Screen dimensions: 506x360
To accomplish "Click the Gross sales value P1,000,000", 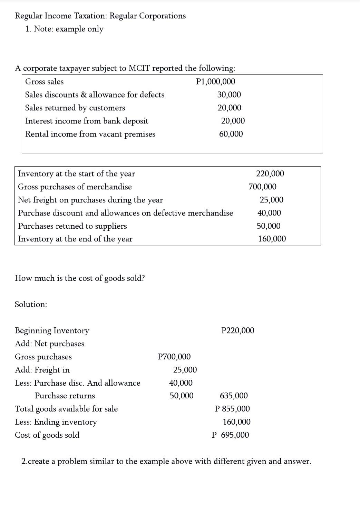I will [215, 82].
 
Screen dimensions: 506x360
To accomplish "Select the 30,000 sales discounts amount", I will [229, 95].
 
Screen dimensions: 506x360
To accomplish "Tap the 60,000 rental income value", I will [231, 134].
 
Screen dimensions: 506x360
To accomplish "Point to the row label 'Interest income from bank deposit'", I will [87, 121].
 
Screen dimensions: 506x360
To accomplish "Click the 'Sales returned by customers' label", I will [75, 108].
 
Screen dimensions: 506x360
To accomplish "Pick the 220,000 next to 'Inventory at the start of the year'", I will [270, 173].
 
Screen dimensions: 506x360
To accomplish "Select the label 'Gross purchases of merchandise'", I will [75, 187].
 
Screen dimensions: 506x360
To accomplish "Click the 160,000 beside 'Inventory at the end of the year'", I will [272, 239].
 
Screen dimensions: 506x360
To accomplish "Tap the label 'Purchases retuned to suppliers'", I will [72, 226].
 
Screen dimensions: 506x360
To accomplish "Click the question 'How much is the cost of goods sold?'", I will [80, 278].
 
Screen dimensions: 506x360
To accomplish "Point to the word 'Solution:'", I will [31, 305].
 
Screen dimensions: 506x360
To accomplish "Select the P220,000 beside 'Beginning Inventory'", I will [237, 331].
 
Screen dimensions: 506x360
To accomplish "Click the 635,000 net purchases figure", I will [234, 396].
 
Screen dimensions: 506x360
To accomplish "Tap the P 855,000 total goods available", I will [232, 409].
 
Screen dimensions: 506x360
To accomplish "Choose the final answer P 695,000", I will [230, 435].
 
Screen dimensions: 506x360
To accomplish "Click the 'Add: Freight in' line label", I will [42, 370].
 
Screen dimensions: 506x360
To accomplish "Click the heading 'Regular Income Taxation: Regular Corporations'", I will [100, 16].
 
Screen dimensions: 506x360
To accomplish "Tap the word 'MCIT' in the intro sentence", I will [139, 68].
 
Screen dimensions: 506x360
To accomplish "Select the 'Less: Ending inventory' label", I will [56, 422].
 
